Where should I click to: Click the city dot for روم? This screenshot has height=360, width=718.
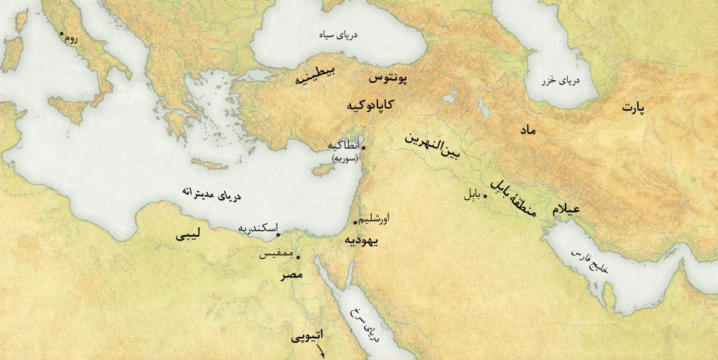pos(61,33)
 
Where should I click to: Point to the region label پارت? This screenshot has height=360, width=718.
pos(636,108)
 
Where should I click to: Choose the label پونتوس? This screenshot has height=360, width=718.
pos(387,78)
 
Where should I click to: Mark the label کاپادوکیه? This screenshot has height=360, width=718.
pos(370,105)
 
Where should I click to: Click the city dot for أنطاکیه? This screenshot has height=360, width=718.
pos(363,147)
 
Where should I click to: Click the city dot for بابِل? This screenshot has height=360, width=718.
pos(485,196)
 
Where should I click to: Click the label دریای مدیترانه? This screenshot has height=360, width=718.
pos(214,196)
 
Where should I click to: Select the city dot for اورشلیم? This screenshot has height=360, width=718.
pos(355,223)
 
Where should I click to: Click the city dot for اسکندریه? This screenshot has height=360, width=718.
pos(278,235)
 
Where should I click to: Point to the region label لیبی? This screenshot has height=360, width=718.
pos(188,236)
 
